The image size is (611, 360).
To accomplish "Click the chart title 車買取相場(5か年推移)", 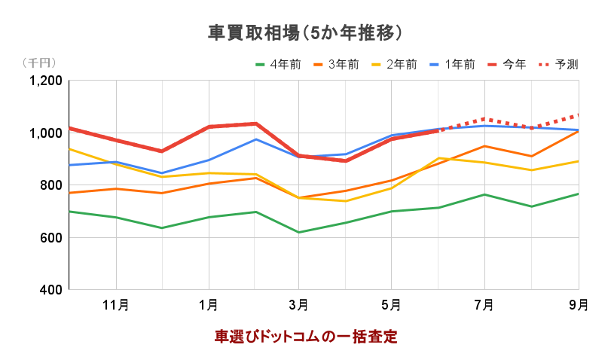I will click(x=305, y=33).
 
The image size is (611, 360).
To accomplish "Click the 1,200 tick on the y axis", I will click(x=46, y=81).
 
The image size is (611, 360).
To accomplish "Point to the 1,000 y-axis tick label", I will click(x=46, y=133).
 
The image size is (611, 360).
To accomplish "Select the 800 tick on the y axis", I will click(x=52, y=185).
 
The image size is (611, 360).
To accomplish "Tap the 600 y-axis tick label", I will click(x=52, y=238).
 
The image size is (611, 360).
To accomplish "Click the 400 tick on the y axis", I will click(x=52, y=290).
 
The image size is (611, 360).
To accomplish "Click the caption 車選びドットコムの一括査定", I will click(x=305, y=337).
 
